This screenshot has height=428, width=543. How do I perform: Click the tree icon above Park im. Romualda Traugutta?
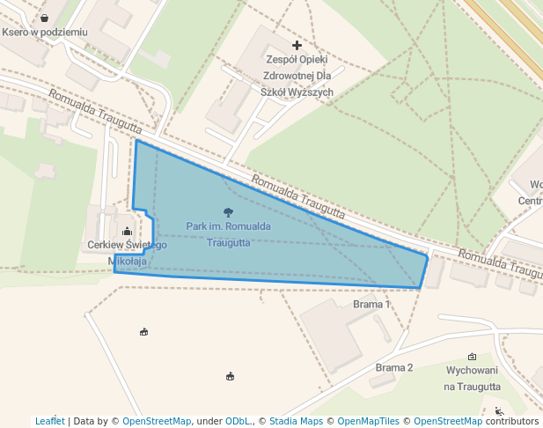pyautogui.click(x=229, y=211)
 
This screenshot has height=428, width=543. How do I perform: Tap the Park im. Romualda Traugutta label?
pyautogui.click(x=228, y=234)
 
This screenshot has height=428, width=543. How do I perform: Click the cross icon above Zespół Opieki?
pyautogui.click(x=297, y=45)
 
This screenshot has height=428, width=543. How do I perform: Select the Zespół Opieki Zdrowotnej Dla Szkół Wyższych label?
pyautogui.click(x=297, y=75)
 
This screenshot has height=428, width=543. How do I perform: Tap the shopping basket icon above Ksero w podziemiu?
pyautogui.click(x=44, y=18)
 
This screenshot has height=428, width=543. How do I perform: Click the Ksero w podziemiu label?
pyautogui.click(x=45, y=32)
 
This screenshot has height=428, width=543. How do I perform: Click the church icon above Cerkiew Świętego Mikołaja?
pyautogui.click(x=126, y=232)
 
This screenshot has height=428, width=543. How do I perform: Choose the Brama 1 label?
pyautogui.click(x=371, y=304)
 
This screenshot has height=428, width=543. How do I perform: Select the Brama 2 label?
pyautogui.click(x=393, y=367)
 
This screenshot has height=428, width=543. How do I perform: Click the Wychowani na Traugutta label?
pyautogui.click(x=473, y=379)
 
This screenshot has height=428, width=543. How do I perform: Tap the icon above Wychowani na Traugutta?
pyautogui.click(x=473, y=357)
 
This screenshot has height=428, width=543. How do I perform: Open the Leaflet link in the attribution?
pyautogui.click(x=49, y=421)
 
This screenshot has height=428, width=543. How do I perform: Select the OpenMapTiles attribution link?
pyautogui.click(x=367, y=421)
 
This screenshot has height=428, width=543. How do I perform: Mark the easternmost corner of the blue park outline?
pyautogui.click(x=428, y=256)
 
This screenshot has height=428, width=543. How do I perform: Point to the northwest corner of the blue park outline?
pyautogui.click(x=136, y=140)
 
